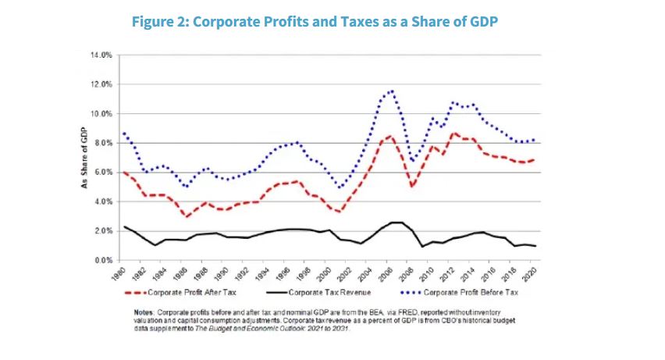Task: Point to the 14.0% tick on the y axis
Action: point(102,55)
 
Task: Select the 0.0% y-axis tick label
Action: point(104,260)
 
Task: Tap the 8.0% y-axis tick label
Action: point(104,143)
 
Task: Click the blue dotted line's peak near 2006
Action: point(391,91)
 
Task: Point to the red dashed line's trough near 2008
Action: point(412,186)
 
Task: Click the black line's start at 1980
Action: point(124,226)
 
